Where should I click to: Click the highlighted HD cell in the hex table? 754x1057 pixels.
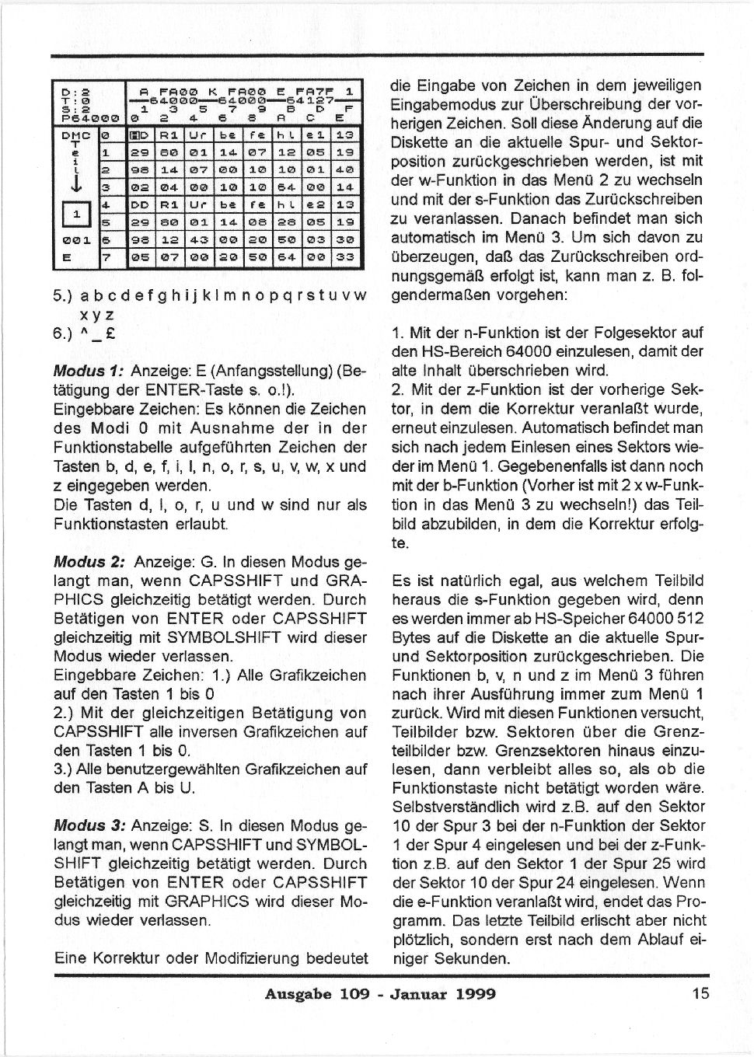click(x=142, y=135)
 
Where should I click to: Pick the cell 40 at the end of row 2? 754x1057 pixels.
click(x=345, y=169)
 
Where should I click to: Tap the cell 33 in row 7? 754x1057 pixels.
click(x=345, y=258)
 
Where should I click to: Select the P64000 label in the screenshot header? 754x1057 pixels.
click(x=88, y=119)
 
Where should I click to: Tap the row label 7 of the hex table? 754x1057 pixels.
click(x=106, y=258)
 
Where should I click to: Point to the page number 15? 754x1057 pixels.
click(x=699, y=994)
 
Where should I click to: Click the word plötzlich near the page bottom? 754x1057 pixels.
click(x=420, y=940)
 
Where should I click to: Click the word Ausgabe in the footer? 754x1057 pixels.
click(x=297, y=994)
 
